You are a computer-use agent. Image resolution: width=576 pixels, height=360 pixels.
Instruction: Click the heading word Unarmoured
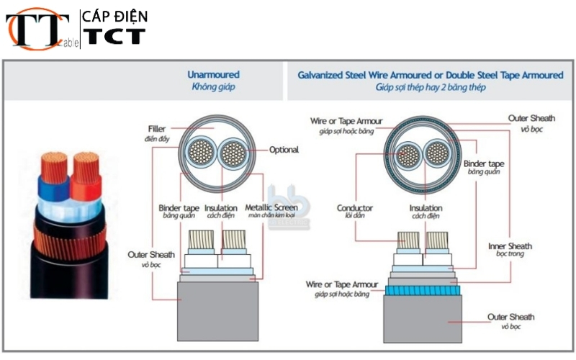[213, 75]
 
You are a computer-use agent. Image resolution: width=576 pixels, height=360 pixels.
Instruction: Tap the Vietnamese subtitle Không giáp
[213, 87]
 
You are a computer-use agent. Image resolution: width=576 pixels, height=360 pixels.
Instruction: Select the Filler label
[156, 129]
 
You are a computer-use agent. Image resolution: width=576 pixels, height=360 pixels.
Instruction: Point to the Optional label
[284, 150]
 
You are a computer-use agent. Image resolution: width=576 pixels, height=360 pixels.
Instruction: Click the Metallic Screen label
[271, 208]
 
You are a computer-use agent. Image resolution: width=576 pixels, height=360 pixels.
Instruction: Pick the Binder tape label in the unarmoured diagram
[179, 208]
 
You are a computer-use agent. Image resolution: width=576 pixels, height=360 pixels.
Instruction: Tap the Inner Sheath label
[510, 246]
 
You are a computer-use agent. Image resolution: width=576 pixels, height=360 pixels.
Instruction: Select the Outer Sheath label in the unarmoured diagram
[151, 255]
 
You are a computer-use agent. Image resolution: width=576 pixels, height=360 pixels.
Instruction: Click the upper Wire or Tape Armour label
[346, 120]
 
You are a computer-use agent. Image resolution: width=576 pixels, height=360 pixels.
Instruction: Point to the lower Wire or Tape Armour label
[341, 285]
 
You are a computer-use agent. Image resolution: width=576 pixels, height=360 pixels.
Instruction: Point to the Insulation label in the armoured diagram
[425, 208]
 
